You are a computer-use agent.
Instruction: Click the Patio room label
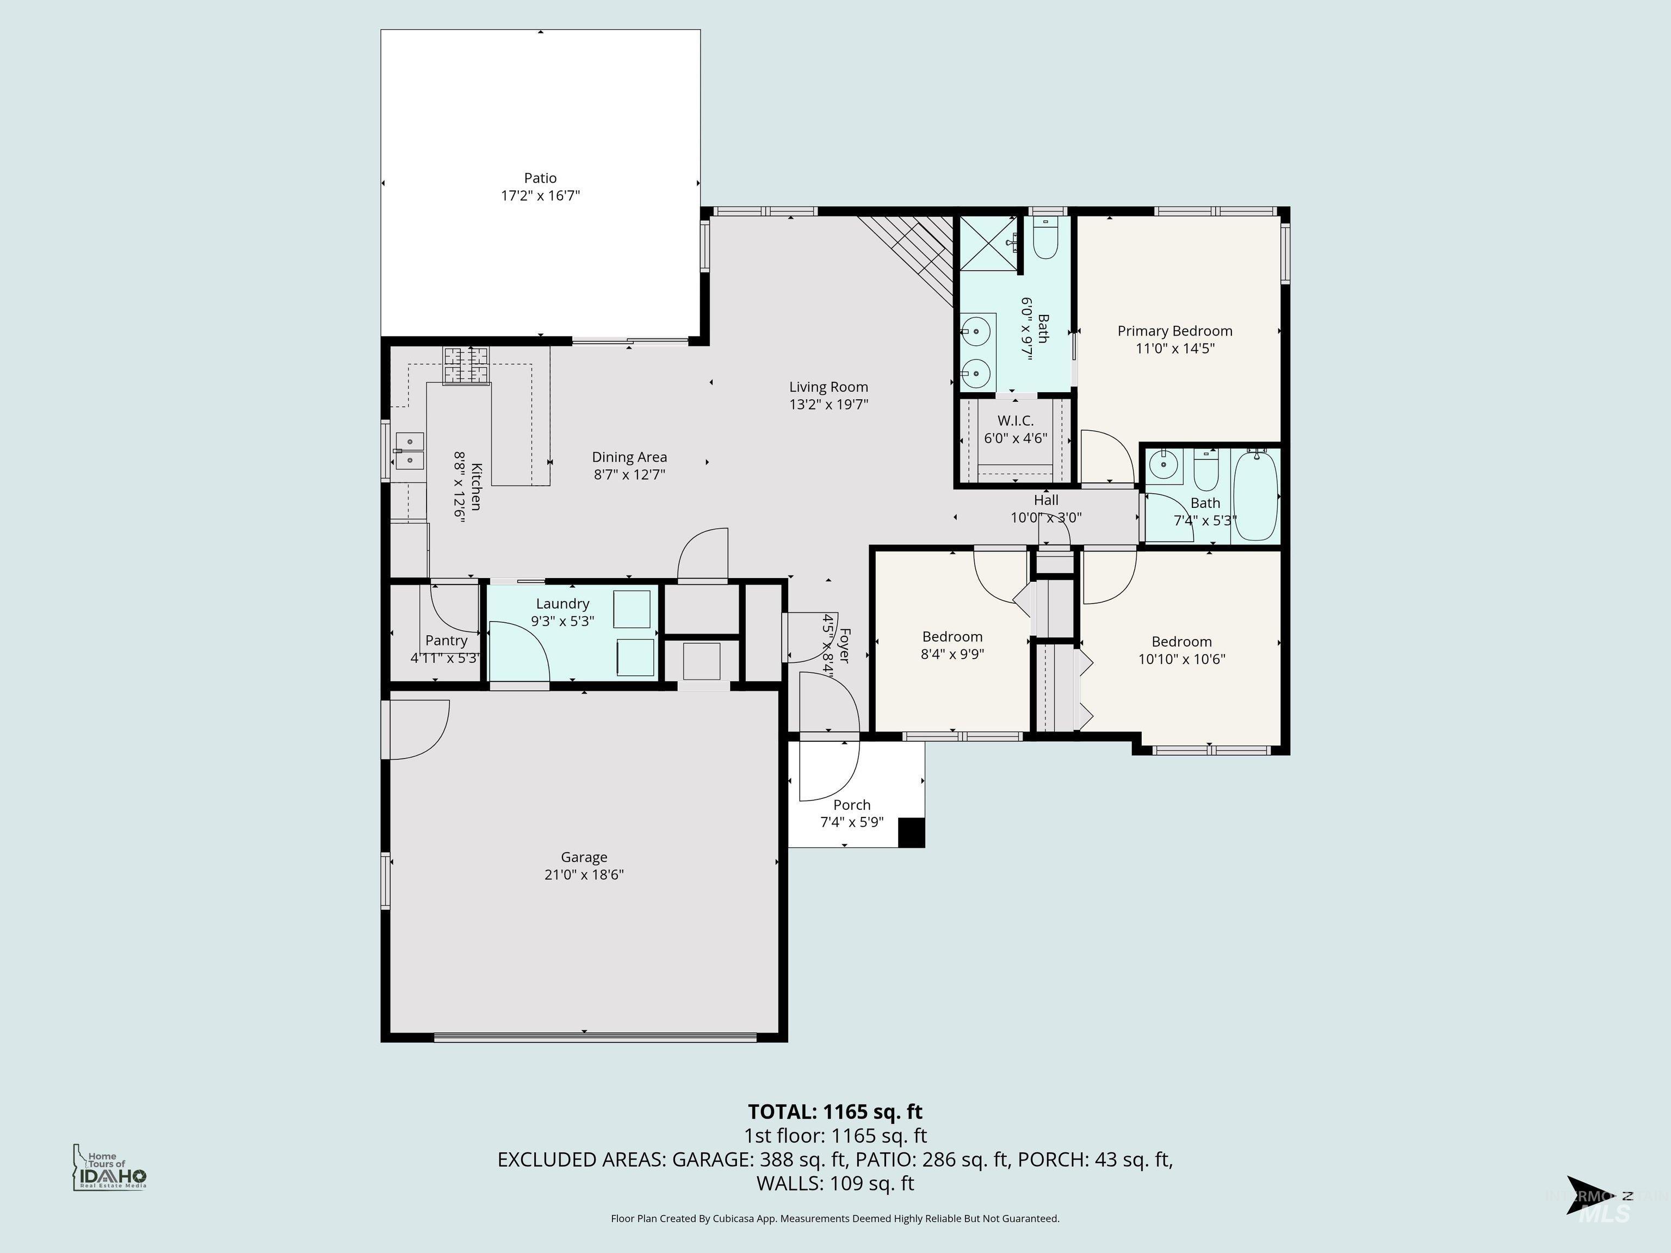coord(540,178)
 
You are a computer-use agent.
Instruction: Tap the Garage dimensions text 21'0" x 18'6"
coord(584,874)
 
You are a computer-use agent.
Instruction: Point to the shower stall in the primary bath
coord(988,241)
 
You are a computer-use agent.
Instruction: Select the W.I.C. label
coord(1016,421)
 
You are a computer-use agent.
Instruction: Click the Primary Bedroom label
coord(1175,331)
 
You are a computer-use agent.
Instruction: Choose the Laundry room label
coord(562,604)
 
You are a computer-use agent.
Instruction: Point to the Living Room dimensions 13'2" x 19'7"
coord(829,404)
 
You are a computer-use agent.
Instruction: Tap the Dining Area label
coord(629,457)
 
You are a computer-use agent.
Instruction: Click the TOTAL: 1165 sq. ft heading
coord(835,1112)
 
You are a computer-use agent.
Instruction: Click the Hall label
coord(1045,500)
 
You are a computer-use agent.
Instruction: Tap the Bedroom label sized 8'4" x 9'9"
coord(952,637)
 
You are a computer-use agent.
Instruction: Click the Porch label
coord(851,805)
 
